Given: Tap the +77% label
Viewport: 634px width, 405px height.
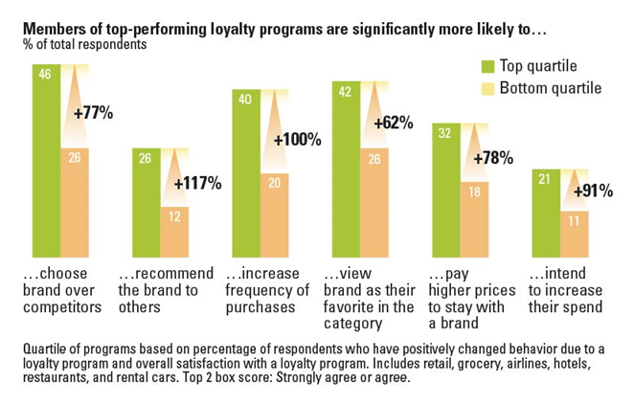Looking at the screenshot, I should [93, 113].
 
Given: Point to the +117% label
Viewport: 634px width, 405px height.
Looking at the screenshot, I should [197, 182].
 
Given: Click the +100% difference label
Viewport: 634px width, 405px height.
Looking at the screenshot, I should [297, 140].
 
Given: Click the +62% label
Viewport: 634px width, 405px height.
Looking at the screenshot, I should [393, 123].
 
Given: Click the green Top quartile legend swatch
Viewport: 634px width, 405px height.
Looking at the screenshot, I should [487, 65].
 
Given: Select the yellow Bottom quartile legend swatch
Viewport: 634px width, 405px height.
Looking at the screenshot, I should [487, 88].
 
